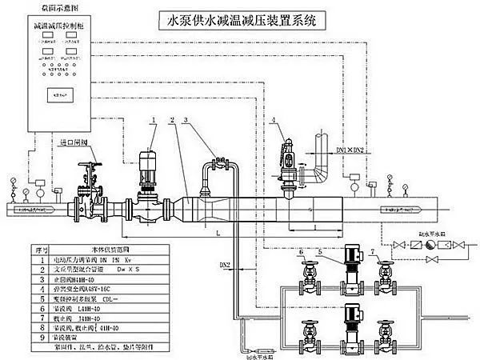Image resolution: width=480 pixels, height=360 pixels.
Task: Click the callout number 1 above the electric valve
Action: (x=153, y=120)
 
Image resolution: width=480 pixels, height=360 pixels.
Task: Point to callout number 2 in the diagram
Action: (x=171, y=120)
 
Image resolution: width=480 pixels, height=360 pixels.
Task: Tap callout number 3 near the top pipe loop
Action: (x=186, y=120)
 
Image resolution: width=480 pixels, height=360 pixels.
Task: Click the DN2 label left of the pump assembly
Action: (x=225, y=265)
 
